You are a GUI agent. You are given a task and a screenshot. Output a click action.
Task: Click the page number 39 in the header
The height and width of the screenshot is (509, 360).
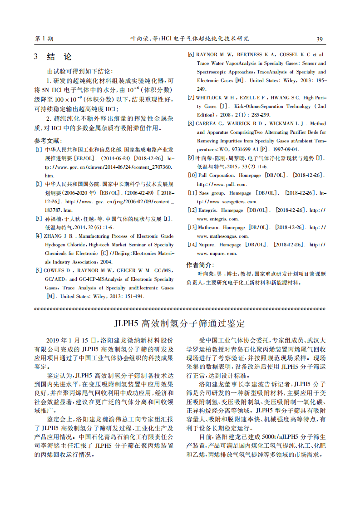(x=319, y=39)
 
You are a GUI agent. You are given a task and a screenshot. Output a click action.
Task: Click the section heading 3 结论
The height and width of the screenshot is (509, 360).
(x=53, y=57)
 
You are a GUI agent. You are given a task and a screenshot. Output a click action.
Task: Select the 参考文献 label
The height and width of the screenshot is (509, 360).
(x=48, y=141)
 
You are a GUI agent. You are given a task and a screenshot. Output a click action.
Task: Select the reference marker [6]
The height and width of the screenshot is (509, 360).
(x=191, y=54)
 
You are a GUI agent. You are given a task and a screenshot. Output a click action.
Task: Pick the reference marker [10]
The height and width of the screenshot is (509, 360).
(x=192, y=175)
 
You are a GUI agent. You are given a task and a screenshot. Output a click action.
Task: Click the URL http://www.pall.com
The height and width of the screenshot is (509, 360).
(x=222, y=184)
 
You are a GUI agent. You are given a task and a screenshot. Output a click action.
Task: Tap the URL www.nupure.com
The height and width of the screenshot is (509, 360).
(x=217, y=253)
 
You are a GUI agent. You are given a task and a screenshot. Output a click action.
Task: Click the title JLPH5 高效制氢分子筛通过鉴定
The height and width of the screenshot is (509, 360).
(x=180, y=323)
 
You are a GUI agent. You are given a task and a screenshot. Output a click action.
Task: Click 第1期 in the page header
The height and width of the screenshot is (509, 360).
(x=44, y=39)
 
